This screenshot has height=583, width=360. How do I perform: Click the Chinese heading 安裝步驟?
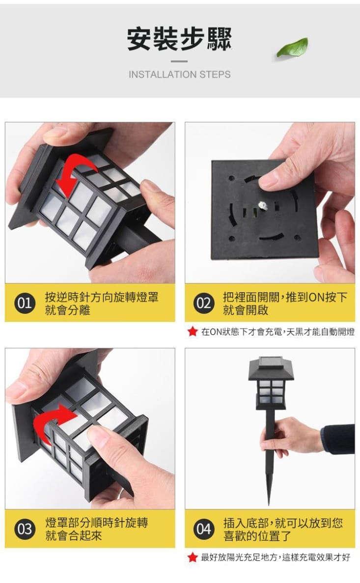click(x=179, y=39)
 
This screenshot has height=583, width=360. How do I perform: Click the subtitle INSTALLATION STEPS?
click(x=180, y=74)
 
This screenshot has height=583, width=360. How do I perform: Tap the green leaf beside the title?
click(x=293, y=47)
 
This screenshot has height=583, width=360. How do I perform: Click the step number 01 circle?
click(x=25, y=303)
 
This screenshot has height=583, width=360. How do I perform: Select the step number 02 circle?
click(x=204, y=303)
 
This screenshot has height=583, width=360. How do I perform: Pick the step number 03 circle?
click(x=25, y=528)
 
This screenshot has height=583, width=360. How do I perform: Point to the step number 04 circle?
click(x=204, y=528)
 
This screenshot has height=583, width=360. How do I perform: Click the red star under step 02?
click(x=192, y=332)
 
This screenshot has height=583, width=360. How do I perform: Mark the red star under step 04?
click(x=192, y=557)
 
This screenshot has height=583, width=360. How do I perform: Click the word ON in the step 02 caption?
click(x=316, y=297)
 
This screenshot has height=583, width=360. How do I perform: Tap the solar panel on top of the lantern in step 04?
click(x=271, y=362)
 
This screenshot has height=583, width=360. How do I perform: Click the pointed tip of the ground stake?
click(x=269, y=504)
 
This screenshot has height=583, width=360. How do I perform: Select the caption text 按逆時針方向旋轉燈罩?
click(x=102, y=297)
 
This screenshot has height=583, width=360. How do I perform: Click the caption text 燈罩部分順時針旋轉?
click(x=96, y=523)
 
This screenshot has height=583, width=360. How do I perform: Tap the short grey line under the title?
click(x=179, y=61)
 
